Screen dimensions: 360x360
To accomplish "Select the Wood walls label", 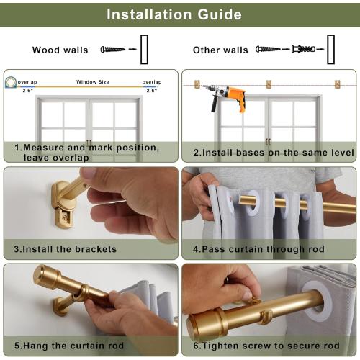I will pos(60,50).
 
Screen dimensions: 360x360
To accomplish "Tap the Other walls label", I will pos(220,50).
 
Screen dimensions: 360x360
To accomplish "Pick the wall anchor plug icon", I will pos(302,50).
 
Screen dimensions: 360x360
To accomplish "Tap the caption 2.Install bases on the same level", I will pos(274,153).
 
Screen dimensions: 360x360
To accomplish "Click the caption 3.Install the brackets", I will pos(65,249).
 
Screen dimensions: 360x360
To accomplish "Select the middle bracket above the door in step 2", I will pos(269,84).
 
